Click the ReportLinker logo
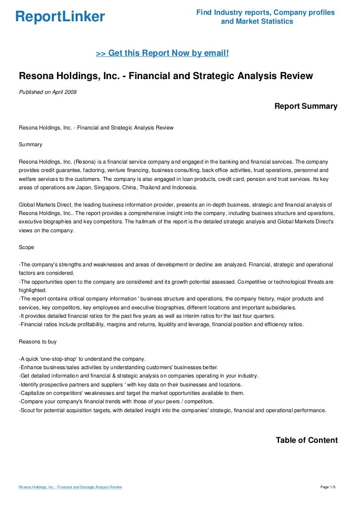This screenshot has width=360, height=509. [x=60, y=17]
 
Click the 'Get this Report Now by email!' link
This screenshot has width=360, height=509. [x=162, y=52]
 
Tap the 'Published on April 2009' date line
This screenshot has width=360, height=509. [x=47, y=92]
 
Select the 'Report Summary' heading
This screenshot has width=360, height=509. [x=306, y=106]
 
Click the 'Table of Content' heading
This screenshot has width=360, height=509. [x=307, y=440]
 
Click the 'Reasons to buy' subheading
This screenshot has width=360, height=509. [x=38, y=341]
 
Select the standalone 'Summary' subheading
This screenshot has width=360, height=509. [x=30, y=145]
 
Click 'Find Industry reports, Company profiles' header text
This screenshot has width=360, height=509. [x=265, y=12]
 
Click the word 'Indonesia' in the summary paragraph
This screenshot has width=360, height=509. [x=183, y=189]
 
